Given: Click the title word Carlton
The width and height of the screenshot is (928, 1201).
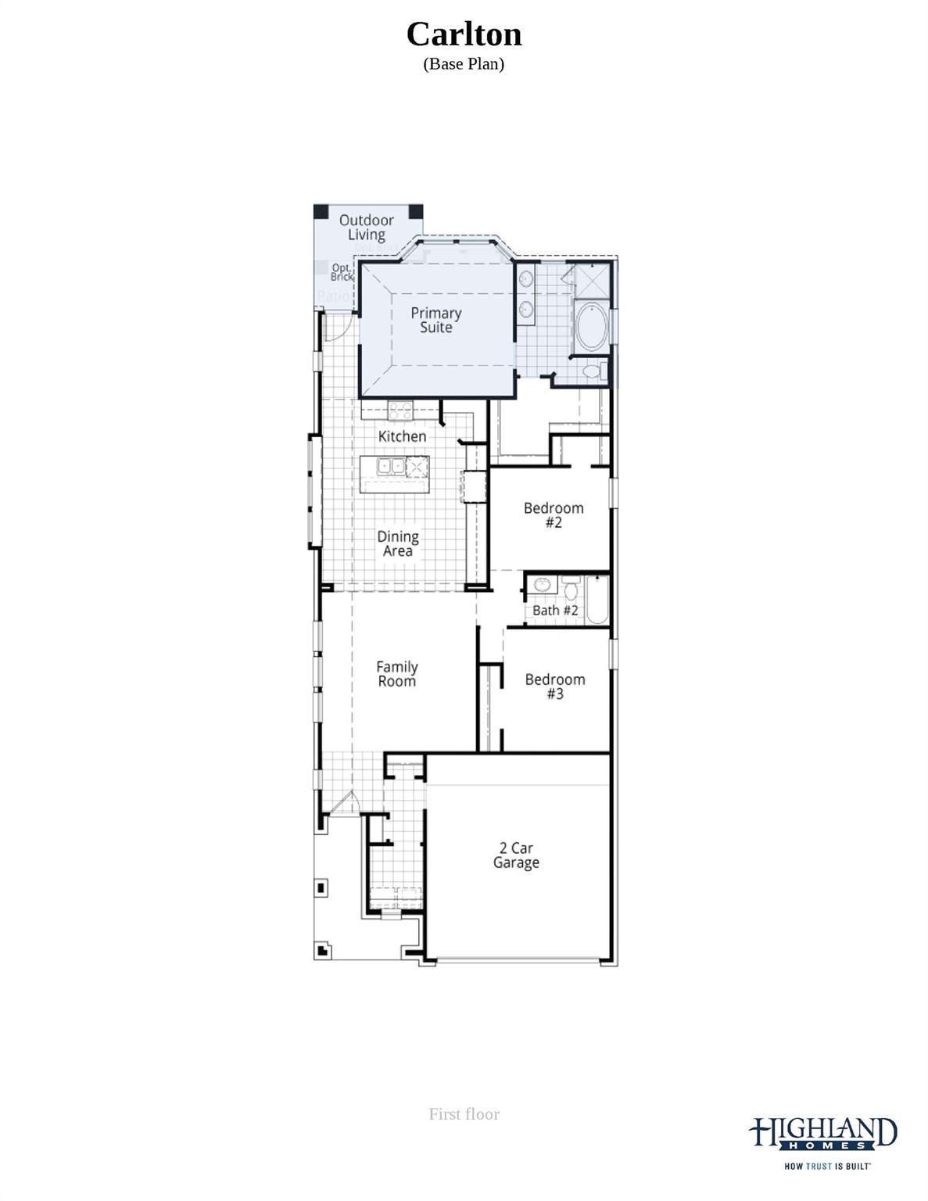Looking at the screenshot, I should tap(464, 34).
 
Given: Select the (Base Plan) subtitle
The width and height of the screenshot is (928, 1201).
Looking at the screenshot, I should tap(464, 64).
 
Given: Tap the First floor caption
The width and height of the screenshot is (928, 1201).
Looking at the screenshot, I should tap(464, 1113).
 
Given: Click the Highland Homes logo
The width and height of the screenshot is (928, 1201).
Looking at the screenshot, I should tap(822, 1134).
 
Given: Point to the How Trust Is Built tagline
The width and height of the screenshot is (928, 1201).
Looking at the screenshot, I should tap(827, 1166).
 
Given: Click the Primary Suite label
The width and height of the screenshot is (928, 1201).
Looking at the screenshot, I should tap(435, 320).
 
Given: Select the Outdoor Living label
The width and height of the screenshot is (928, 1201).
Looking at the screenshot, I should tap(366, 228).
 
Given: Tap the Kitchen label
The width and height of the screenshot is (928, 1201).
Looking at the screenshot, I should tap(402, 436).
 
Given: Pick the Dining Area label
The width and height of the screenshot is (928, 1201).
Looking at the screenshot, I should tap(398, 543).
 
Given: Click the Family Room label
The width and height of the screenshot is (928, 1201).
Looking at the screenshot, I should tap(396, 673).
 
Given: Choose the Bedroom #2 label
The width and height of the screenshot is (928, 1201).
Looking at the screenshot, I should tap(554, 514).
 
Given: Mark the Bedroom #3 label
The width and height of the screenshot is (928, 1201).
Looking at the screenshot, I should tap(555, 686).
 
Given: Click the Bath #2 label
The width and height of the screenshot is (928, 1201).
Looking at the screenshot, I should tap(555, 610).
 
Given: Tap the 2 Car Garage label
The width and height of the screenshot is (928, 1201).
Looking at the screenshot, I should tap(516, 855).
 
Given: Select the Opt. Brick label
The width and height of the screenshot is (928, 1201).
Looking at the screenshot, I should tap(342, 272).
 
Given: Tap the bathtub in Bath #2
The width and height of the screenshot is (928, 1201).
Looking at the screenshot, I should tap(597, 600).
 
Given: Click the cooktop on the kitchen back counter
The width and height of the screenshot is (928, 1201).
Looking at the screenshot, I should tap(400, 409).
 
